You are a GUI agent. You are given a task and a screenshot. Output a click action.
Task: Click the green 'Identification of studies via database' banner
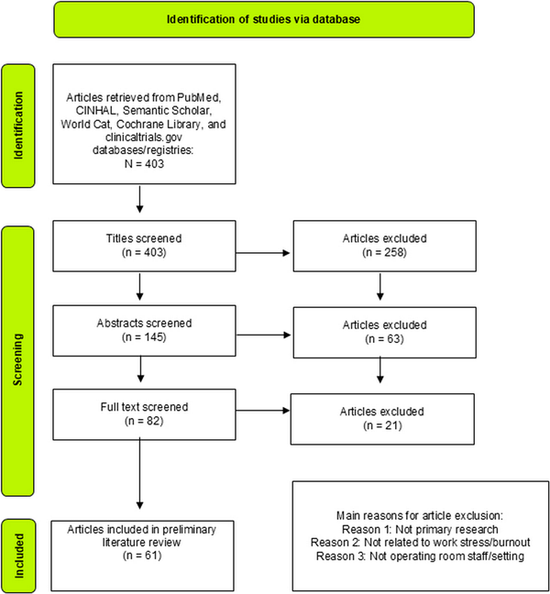264,19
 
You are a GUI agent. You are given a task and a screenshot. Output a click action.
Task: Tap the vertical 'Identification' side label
18,126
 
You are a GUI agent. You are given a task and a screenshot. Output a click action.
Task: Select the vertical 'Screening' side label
17,361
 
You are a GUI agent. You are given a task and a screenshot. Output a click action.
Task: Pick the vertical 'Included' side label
18,555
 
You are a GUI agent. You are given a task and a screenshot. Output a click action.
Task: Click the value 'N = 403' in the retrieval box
144,164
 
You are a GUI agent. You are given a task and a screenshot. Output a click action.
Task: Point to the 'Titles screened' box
144,246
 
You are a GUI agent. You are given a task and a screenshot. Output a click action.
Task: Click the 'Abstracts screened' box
144,331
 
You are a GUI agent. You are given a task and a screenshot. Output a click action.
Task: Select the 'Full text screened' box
144,414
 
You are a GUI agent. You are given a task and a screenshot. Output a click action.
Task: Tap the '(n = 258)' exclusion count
384,252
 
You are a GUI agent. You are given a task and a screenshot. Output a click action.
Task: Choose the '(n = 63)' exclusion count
384,338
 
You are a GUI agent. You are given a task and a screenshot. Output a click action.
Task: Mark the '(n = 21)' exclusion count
382,425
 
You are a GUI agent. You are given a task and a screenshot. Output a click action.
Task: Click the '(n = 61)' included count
142,555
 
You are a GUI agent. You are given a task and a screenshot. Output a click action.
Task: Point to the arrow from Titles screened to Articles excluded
263,253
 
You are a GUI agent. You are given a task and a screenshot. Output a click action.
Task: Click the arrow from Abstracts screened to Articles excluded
264,335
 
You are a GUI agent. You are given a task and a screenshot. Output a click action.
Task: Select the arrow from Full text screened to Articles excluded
263,411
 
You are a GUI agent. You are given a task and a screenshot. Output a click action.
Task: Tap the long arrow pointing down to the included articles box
139,473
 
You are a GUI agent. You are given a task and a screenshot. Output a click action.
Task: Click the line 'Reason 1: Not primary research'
420,529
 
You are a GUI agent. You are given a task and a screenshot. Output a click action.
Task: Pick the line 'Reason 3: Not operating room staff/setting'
420,556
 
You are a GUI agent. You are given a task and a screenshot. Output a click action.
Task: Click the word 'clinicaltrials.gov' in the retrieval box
144,137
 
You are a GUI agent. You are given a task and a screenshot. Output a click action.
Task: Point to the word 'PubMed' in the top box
199,97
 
